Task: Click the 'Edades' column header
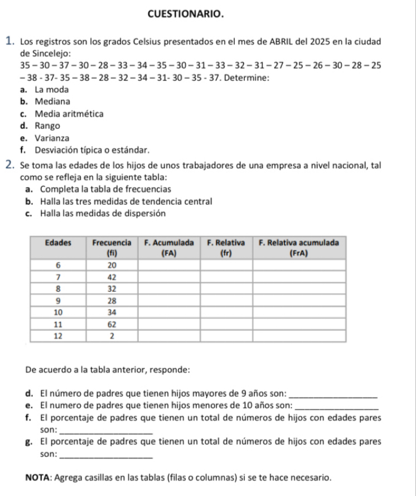pyautogui.click(x=59, y=243)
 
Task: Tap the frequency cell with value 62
pyautogui.click(x=112, y=324)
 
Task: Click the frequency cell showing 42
pyautogui.click(x=112, y=277)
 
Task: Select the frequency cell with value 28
pyautogui.click(x=112, y=300)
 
